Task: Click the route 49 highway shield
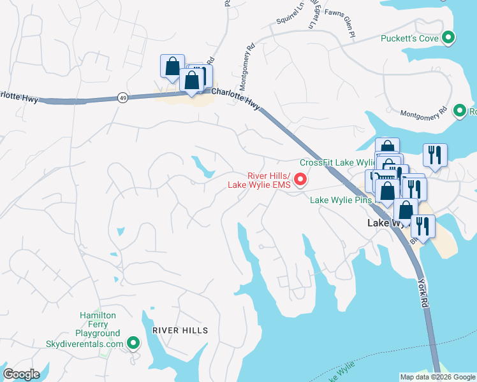tap(122, 97)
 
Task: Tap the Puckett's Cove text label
tap(409, 38)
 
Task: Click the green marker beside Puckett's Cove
tap(448, 38)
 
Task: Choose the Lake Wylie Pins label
tap(341, 200)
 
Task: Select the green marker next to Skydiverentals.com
tap(133, 344)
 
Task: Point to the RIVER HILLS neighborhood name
tap(180, 330)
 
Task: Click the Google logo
tap(21, 374)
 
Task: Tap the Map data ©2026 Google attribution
tap(437, 377)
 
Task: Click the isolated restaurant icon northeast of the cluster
tap(435, 155)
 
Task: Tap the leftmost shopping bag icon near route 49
tap(172, 66)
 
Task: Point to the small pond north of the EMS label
tap(203, 167)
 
